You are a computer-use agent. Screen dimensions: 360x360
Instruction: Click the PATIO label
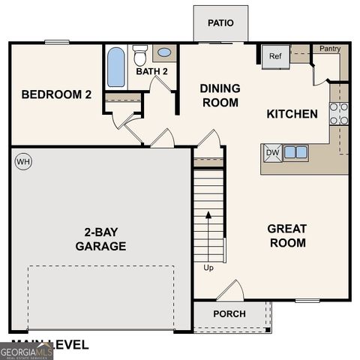[220, 22]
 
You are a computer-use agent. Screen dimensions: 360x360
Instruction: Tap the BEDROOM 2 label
[57, 94]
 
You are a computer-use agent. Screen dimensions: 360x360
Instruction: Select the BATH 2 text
[151, 72]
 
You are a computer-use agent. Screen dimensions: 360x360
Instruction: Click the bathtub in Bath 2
[116, 67]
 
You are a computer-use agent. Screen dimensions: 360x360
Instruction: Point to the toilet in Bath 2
[139, 55]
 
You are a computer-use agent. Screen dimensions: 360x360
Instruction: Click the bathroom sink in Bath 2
[164, 53]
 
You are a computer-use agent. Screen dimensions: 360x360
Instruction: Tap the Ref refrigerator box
[274, 56]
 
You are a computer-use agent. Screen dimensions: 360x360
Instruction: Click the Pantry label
[330, 49]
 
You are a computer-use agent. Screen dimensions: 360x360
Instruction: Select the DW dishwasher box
[271, 153]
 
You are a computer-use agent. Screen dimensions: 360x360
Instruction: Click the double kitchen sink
[295, 153]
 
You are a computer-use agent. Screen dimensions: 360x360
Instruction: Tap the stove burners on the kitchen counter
[338, 113]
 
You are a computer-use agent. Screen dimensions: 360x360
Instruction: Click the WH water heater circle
[22, 161]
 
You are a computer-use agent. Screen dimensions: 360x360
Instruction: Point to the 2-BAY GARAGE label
[100, 239]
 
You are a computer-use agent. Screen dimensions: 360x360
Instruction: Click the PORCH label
[229, 313]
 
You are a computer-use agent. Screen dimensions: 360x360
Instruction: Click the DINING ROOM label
[220, 95]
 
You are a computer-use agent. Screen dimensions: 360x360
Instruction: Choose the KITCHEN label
[292, 114]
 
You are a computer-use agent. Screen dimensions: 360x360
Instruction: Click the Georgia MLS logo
[26, 351]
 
